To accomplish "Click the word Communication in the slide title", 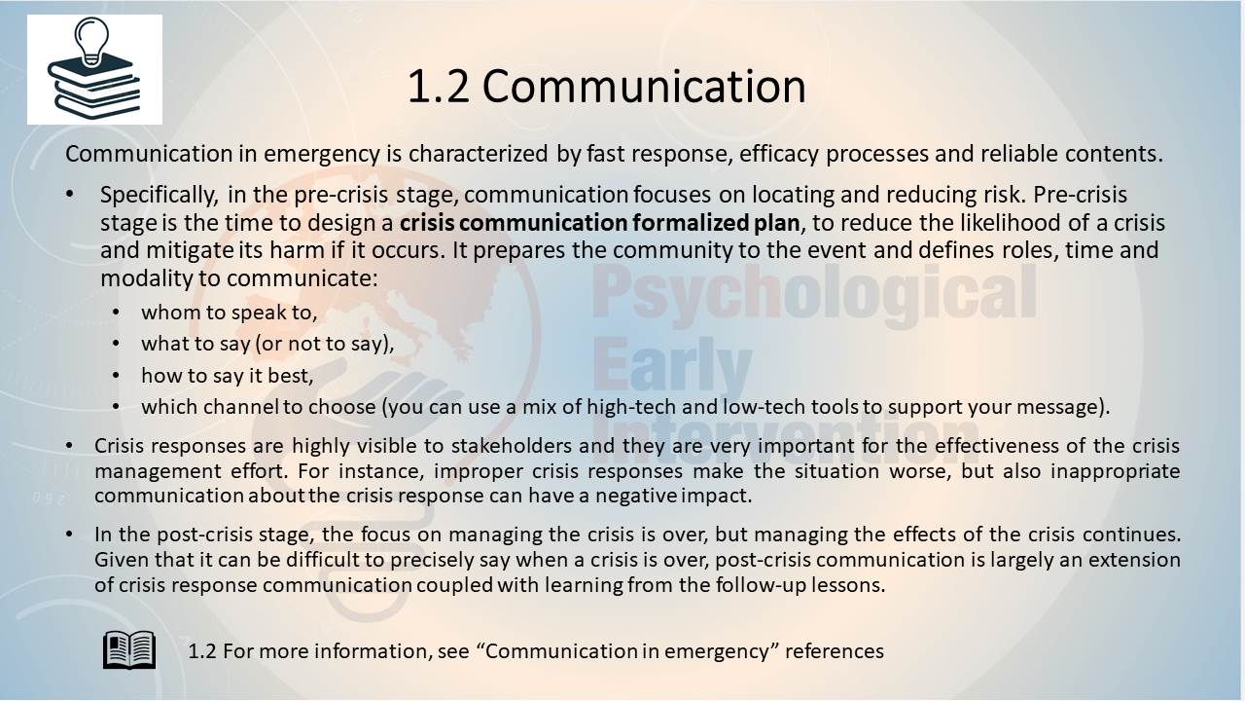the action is point(644,87).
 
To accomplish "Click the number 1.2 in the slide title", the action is point(439,87).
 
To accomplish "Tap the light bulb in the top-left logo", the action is point(91,40).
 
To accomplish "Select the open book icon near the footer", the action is point(129,649).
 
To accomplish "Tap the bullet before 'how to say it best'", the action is point(116,376).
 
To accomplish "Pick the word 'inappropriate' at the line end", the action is point(1115,472).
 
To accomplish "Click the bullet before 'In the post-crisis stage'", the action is point(69,535).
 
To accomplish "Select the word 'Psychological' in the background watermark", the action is point(814,295).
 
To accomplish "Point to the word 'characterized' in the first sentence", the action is point(478,154).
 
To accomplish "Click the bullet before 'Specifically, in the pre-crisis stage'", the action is point(69,194).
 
